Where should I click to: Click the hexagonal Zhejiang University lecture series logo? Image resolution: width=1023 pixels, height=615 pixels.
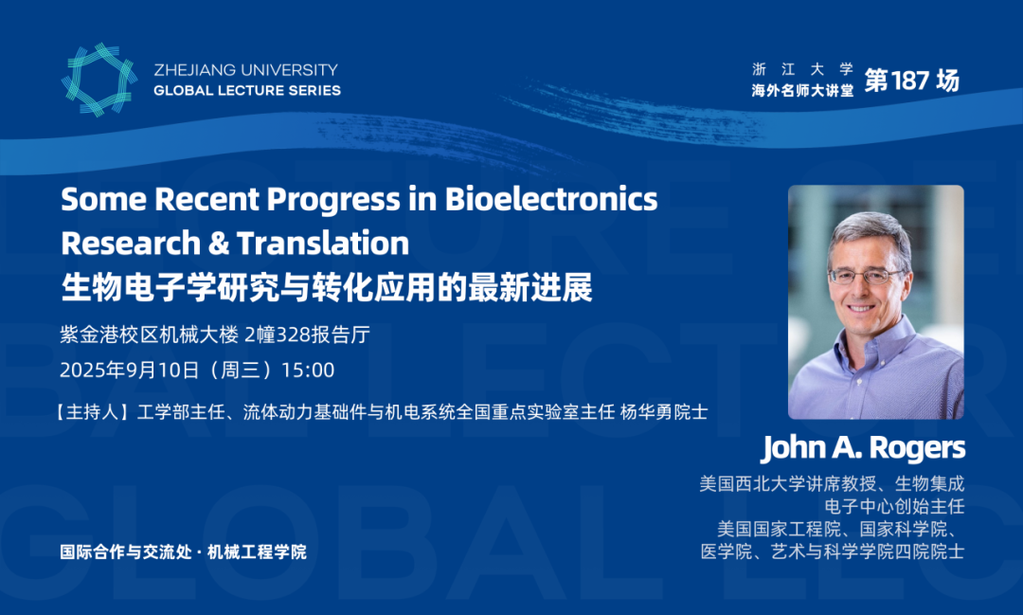coord(99,80)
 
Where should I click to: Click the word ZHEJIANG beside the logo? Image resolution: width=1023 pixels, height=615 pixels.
coord(190,70)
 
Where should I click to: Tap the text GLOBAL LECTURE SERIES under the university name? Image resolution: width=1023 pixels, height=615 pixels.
coord(247,90)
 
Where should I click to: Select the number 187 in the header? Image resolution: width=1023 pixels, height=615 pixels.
coord(909,81)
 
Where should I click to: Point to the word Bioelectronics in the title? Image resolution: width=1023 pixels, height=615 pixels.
coord(551,199)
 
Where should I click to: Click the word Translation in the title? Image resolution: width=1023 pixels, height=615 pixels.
coord(323,243)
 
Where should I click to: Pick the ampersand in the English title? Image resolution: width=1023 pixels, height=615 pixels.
coord(219,243)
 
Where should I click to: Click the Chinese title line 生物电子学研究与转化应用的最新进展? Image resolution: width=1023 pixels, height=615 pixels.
coord(326,288)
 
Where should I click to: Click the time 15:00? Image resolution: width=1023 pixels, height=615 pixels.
coord(308,371)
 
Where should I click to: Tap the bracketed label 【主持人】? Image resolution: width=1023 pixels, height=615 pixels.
coord(92,412)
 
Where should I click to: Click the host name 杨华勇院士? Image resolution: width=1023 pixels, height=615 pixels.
coord(663,412)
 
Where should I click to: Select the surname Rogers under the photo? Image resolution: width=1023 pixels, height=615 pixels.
coord(917,448)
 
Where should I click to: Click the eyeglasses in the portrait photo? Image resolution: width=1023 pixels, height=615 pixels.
coord(867,276)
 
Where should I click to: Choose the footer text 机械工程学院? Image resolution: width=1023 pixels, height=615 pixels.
coord(257,552)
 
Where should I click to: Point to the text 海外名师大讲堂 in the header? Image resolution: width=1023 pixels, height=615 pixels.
coord(802,91)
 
